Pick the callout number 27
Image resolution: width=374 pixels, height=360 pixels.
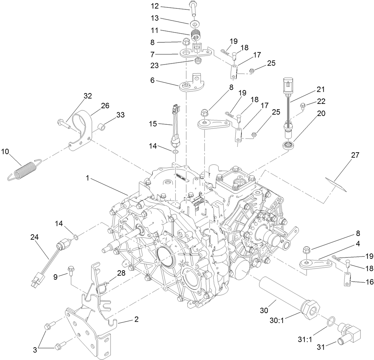[355, 155]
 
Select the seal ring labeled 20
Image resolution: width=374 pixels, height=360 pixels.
[287, 146]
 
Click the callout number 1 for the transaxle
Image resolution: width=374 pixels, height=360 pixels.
[87, 178]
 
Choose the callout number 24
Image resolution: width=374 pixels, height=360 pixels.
[35, 237]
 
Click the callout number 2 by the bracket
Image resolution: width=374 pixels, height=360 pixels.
[136, 319]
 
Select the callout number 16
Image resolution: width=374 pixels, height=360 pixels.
[369, 282]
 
